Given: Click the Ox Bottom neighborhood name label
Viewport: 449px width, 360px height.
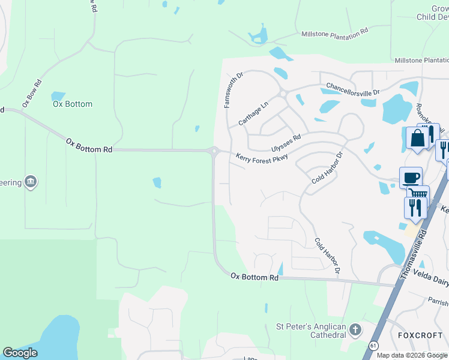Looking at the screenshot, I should tap(72, 104).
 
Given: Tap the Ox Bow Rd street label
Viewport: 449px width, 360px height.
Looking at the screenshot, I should tap(32, 94).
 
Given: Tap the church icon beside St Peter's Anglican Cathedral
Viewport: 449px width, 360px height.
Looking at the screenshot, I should tap(355, 329).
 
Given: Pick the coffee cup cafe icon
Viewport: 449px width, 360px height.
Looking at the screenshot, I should tap(411, 177).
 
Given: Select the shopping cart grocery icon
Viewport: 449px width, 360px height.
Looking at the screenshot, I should tap(418, 193).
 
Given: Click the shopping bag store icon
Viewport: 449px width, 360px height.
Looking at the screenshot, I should tap(417, 138).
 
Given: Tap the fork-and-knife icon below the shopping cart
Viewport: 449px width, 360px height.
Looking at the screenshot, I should tap(415, 207).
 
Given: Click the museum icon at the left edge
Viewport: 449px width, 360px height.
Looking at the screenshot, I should tap(31, 181).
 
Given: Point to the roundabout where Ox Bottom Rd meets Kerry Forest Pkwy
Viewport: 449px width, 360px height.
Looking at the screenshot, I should tap(214, 151).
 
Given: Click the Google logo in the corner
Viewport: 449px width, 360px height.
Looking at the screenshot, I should tap(20, 353).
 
